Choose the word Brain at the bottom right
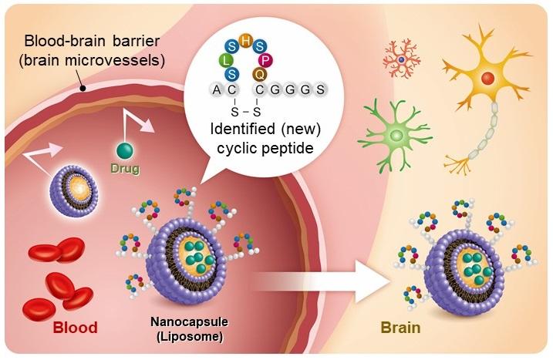pyautogui.click(x=400, y=328)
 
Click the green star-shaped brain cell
pyautogui.click(x=396, y=134)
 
